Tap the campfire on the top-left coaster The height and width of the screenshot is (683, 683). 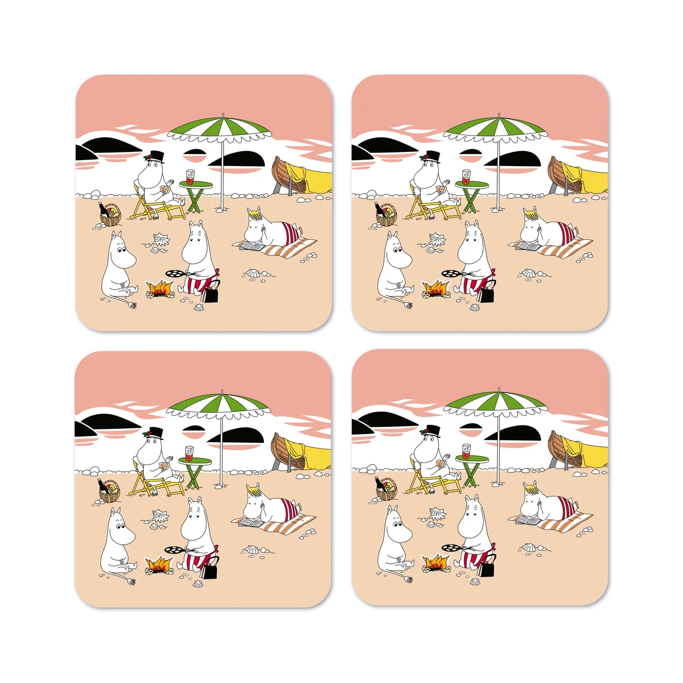coord(160,288)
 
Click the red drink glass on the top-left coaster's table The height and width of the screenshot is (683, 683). coord(190,177)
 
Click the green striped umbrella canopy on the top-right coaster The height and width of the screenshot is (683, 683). coord(495,128)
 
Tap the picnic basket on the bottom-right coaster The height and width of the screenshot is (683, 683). coord(387,491)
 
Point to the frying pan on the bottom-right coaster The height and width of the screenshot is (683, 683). coord(450,547)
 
